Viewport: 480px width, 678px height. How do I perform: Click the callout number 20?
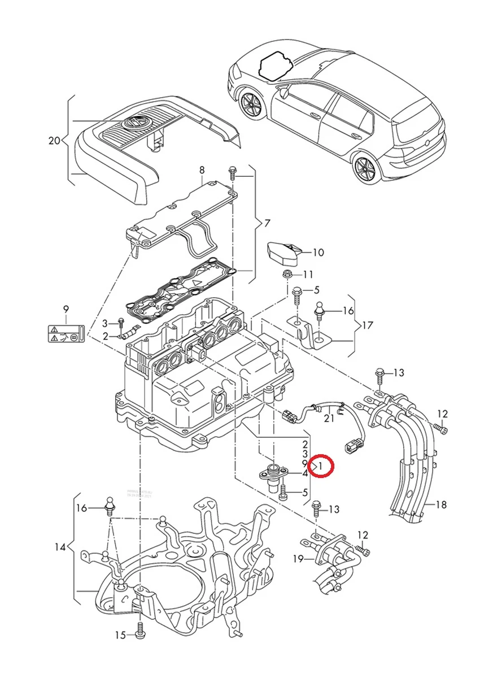coord(54,140)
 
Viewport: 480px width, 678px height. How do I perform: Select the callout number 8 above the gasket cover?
coord(201,169)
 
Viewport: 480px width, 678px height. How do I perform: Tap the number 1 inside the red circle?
coord(320,466)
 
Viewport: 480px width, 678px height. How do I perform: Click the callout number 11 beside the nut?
coord(307,275)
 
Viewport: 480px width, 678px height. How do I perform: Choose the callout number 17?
coord(368,325)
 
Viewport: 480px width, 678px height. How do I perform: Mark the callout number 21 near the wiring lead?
coord(329,418)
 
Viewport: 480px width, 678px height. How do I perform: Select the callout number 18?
coord(442,505)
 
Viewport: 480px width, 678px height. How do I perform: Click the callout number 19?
coord(299,559)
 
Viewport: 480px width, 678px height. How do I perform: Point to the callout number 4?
coord(305,473)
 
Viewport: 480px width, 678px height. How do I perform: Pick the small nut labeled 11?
coord(286,275)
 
